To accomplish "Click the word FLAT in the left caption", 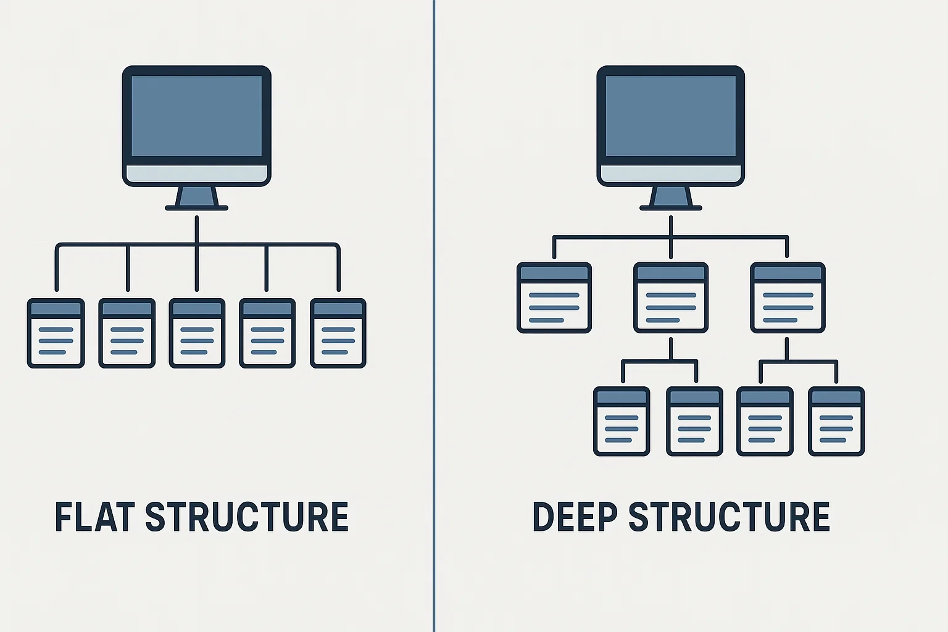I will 94,517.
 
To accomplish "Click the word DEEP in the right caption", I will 575,517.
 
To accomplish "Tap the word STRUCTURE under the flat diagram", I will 247,517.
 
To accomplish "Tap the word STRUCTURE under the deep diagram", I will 729,517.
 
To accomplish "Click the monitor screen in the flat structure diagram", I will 196,116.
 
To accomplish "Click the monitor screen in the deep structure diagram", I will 670,116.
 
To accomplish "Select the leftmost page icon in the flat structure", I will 56,333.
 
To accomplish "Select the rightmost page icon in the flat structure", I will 338,333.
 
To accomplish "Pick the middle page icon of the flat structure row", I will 197,333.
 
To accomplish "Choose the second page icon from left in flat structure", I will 127,333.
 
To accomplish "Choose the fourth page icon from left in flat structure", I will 267,333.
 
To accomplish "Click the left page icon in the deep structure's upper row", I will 554,297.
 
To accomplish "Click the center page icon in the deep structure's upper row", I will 671,297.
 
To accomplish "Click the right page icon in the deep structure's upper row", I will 788,297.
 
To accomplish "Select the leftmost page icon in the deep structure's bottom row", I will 622,422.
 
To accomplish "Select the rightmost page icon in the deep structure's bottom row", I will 836,422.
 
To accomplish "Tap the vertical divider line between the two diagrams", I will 434,316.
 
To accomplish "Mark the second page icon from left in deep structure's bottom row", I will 694,422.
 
